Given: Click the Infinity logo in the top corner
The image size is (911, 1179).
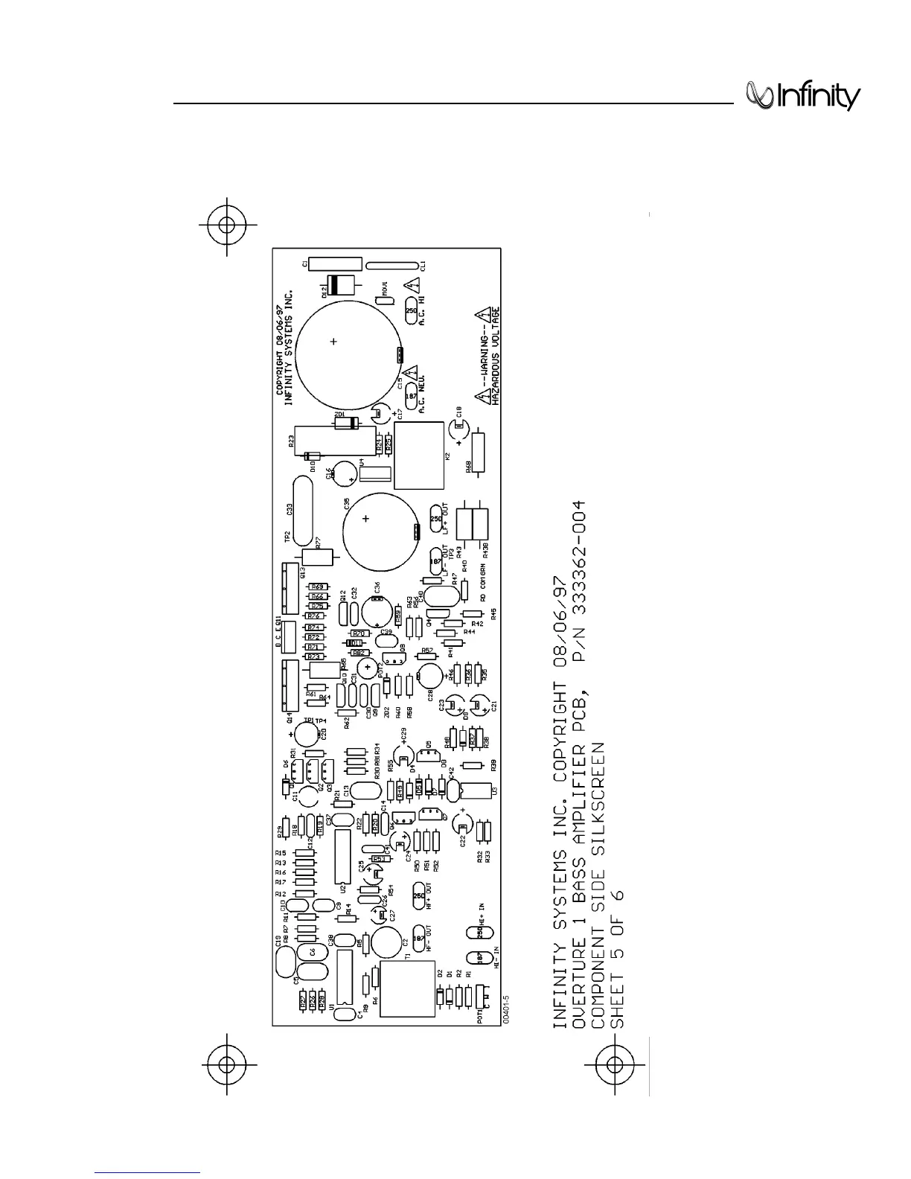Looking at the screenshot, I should pyautogui.click(x=802, y=97).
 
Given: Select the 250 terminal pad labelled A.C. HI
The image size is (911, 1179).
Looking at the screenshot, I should pyautogui.click(x=412, y=311).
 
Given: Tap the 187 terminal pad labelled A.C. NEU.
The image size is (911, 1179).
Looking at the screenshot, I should pyautogui.click(x=411, y=396).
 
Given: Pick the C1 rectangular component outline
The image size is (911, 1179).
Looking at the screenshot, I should pyautogui.click(x=335, y=263).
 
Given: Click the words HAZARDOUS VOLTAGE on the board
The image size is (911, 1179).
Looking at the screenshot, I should pyautogui.click(x=496, y=356).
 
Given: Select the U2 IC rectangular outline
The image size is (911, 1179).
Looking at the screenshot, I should pyautogui.click(x=342, y=863).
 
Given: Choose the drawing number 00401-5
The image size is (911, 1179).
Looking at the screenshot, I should pyautogui.click(x=507, y=1009).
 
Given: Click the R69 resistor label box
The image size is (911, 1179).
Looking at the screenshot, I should pyautogui.click(x=319, y=587).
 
